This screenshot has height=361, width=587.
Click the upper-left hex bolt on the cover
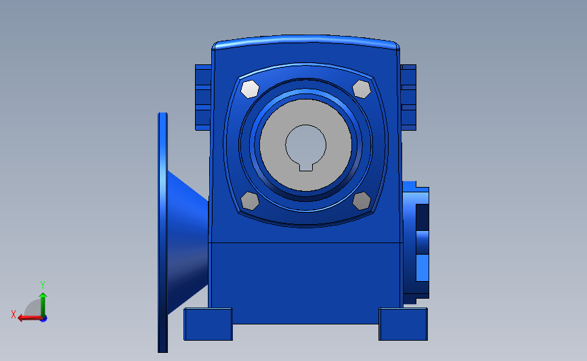pos(250,89)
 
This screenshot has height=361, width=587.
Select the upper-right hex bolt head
pos(362,89)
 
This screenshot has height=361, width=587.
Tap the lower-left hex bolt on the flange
pos(250,200)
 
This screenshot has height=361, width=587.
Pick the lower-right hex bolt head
pos(362,200)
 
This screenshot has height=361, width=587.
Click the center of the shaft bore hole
pos(305,143)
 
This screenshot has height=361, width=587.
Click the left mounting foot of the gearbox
pos(208,324)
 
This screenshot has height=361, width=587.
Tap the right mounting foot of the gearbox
pos(403,324)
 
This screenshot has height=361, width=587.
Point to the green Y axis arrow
pos(43,303)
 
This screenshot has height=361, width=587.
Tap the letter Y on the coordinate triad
pos(43,284)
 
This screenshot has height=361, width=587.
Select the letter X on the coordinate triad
pos(13,314)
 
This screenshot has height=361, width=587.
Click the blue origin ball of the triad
pos(43,318)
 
